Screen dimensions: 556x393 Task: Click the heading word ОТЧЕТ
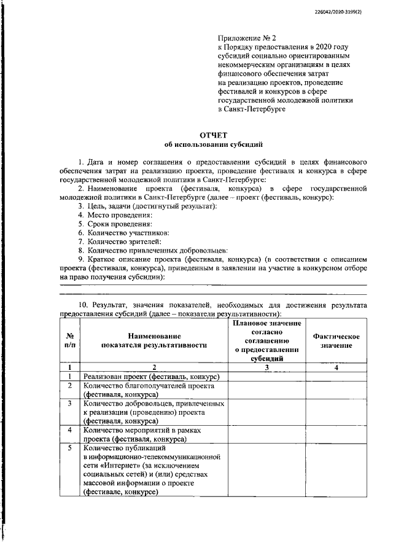[213, 135]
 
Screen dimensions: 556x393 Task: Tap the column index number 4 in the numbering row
[336, 367]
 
